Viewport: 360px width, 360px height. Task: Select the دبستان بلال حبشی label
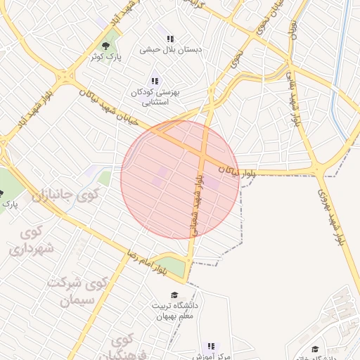[172, 50]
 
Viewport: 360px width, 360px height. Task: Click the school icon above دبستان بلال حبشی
[170, 39]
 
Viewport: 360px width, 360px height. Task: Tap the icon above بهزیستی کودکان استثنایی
[155, 82]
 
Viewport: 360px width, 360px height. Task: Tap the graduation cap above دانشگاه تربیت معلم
[174, 295]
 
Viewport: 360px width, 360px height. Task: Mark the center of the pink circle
[179, 179]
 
